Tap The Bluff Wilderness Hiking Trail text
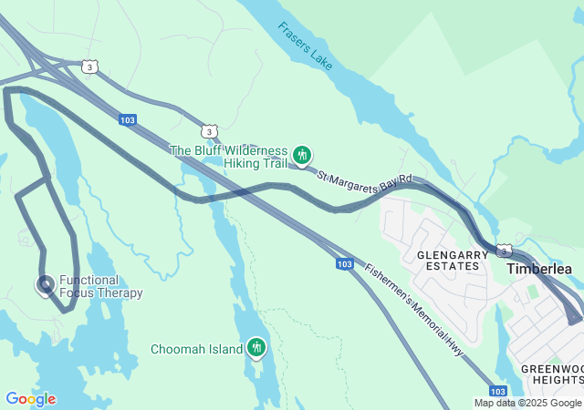point(228,157)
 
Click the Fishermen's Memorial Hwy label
point(415,309)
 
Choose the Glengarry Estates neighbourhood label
point(447,260)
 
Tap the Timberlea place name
point(539,270)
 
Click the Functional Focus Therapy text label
point(100,287)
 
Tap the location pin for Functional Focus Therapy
point(45,285)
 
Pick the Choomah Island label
point(196,349)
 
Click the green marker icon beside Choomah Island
point(256,348)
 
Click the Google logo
point(30,399)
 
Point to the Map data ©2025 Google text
point(527,403)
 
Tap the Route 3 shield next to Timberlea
point(504,251)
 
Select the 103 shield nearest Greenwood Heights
point(497,389)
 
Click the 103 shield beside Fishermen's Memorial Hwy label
point(343,264)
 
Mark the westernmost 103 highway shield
point(128,119)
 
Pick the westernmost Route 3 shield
point(89,67)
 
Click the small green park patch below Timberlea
point(532,292)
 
